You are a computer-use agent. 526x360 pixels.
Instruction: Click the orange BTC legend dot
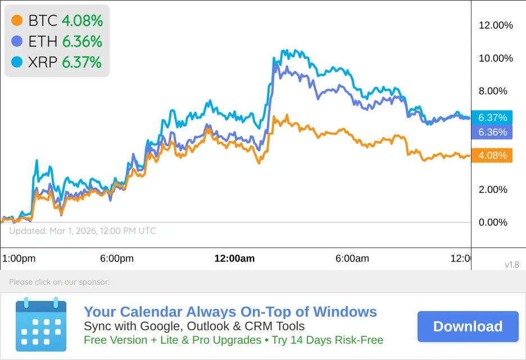17,21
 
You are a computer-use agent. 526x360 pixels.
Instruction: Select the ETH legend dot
17,41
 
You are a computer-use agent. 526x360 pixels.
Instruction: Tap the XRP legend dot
17,62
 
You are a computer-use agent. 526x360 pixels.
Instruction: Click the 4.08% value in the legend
82,21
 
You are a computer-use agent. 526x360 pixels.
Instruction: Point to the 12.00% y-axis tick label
496,25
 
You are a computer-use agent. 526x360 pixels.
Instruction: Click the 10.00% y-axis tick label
496,58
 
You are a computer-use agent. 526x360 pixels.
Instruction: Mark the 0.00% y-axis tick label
493,223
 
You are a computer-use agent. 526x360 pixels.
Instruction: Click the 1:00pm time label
19,259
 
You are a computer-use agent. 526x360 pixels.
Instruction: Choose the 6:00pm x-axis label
117,259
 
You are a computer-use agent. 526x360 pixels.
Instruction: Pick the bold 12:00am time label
234,259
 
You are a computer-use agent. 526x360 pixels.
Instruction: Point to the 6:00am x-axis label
352,259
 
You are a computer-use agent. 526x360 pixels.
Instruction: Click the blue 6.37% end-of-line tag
492,118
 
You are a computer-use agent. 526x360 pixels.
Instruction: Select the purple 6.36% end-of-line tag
492,132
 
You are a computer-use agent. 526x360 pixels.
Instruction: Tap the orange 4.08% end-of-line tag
492,155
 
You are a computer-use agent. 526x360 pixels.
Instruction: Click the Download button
468,327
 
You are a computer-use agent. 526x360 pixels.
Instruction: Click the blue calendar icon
41,325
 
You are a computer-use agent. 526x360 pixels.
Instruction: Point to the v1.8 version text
511,265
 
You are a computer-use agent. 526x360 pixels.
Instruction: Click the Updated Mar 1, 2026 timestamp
83,231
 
